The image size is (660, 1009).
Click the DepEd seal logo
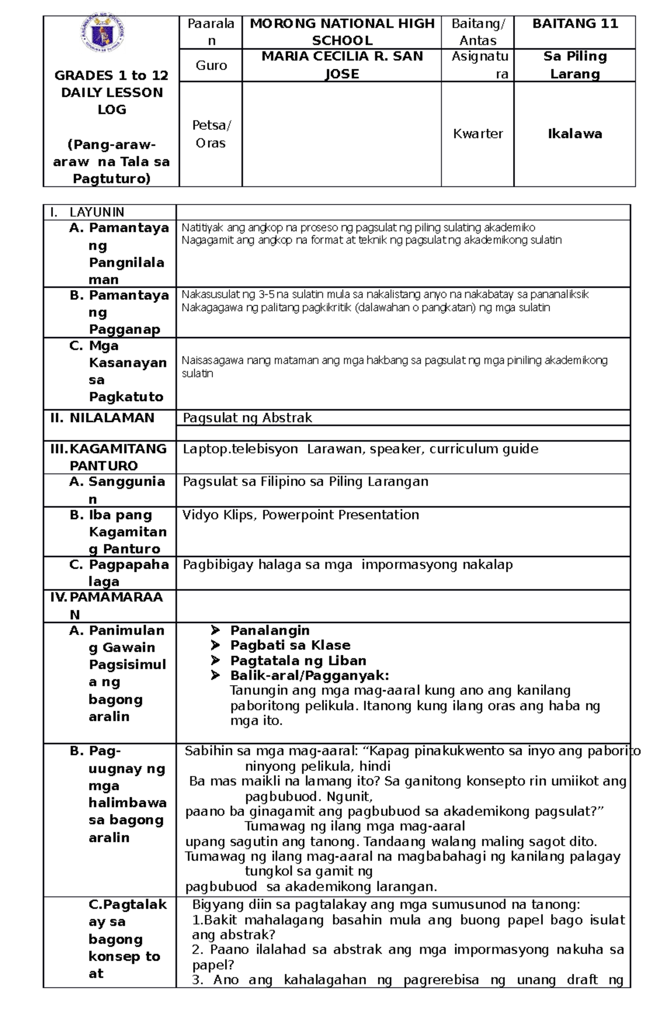[102, 36]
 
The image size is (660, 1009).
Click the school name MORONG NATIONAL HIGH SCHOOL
[342, 32]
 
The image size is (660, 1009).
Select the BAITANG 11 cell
[575, 24]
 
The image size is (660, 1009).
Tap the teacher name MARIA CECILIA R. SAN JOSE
[342, 65]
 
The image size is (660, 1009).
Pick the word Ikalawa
[575, 134]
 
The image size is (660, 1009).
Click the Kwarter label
[477, 134]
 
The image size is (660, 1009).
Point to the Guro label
[211, 65]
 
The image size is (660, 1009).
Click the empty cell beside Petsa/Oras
[342, 134]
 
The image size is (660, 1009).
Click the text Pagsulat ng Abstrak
[247, 418]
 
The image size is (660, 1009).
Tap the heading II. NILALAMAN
[102, 418]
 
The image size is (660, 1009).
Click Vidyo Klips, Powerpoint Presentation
[300, 515]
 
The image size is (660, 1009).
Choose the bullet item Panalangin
[269, 630]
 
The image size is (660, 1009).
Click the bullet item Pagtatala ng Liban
[298, 660]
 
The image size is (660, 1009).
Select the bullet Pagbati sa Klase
[290, 645]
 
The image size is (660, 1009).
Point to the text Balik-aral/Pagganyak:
[309, 675]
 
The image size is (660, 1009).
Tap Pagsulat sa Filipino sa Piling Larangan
[305, 482]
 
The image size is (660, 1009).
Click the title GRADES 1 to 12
[111, 75]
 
